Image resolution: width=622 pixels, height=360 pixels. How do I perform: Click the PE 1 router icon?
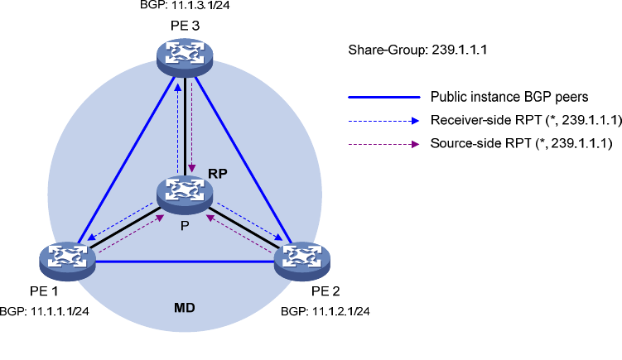pyautogui.click(x=67, y=259)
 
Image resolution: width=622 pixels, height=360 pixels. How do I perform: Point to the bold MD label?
pyautogui.click(x=184, y=308)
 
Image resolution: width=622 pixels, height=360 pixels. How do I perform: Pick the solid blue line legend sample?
pyautogui.click(x=383, y=97)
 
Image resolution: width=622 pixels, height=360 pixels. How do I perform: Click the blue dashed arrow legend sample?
pyautogui.click(x=383, y=121)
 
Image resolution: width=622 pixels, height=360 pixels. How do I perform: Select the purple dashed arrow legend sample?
pyautogui.click(x=383, y=144)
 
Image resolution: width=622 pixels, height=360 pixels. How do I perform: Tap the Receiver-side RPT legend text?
pyautogui.click(x=520, y=121)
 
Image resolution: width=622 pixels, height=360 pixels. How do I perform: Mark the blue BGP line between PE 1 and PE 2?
pyautogui.click(x=185, y=262)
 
